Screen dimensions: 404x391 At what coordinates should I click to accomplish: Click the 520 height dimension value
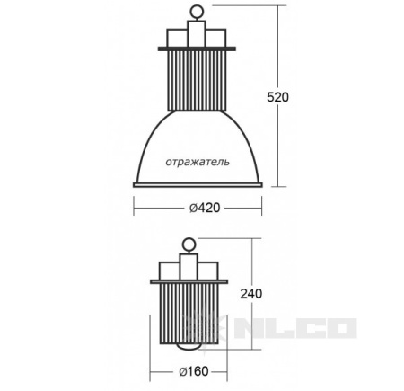(x=277, y=97)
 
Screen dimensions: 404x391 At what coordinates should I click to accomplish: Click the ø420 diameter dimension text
(x=205, y=208)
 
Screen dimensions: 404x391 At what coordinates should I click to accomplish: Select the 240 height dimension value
(x=251, y=294)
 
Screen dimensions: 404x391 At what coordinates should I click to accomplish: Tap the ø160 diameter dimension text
(x=194, y=371)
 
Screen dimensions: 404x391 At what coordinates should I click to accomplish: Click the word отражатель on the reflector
(x=198, y=162)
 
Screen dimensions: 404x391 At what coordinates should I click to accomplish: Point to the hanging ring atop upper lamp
(x=197, y=13)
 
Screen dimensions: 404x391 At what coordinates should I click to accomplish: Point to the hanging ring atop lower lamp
(x=189, y=244)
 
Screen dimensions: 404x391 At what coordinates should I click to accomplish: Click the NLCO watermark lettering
(x=294, y=328)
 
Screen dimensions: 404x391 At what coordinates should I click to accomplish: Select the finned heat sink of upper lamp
(x=197, y=81)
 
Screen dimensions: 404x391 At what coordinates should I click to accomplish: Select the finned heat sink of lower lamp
(x=189, y=314)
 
